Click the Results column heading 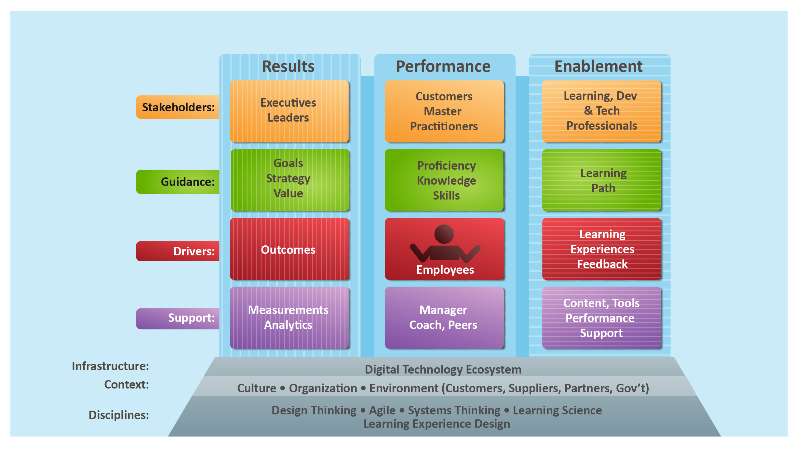[288, 66]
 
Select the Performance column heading [443, 66]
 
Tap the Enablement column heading [598, 66]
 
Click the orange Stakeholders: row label [178, 107]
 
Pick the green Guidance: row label [178, 182]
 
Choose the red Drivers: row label [178, 251]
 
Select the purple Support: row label [178, 318]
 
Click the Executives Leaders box [289, 111]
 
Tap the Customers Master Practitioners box [444, 111]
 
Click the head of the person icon [444, 234]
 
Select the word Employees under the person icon [445, 270]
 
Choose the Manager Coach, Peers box [444, 318]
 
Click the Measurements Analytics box [289, 318]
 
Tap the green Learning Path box [602, 180]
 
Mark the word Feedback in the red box [602, 264]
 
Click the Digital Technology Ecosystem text [443, 369]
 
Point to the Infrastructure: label [110, 366]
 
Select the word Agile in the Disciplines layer [382, 410]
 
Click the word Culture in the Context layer [257, 388]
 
